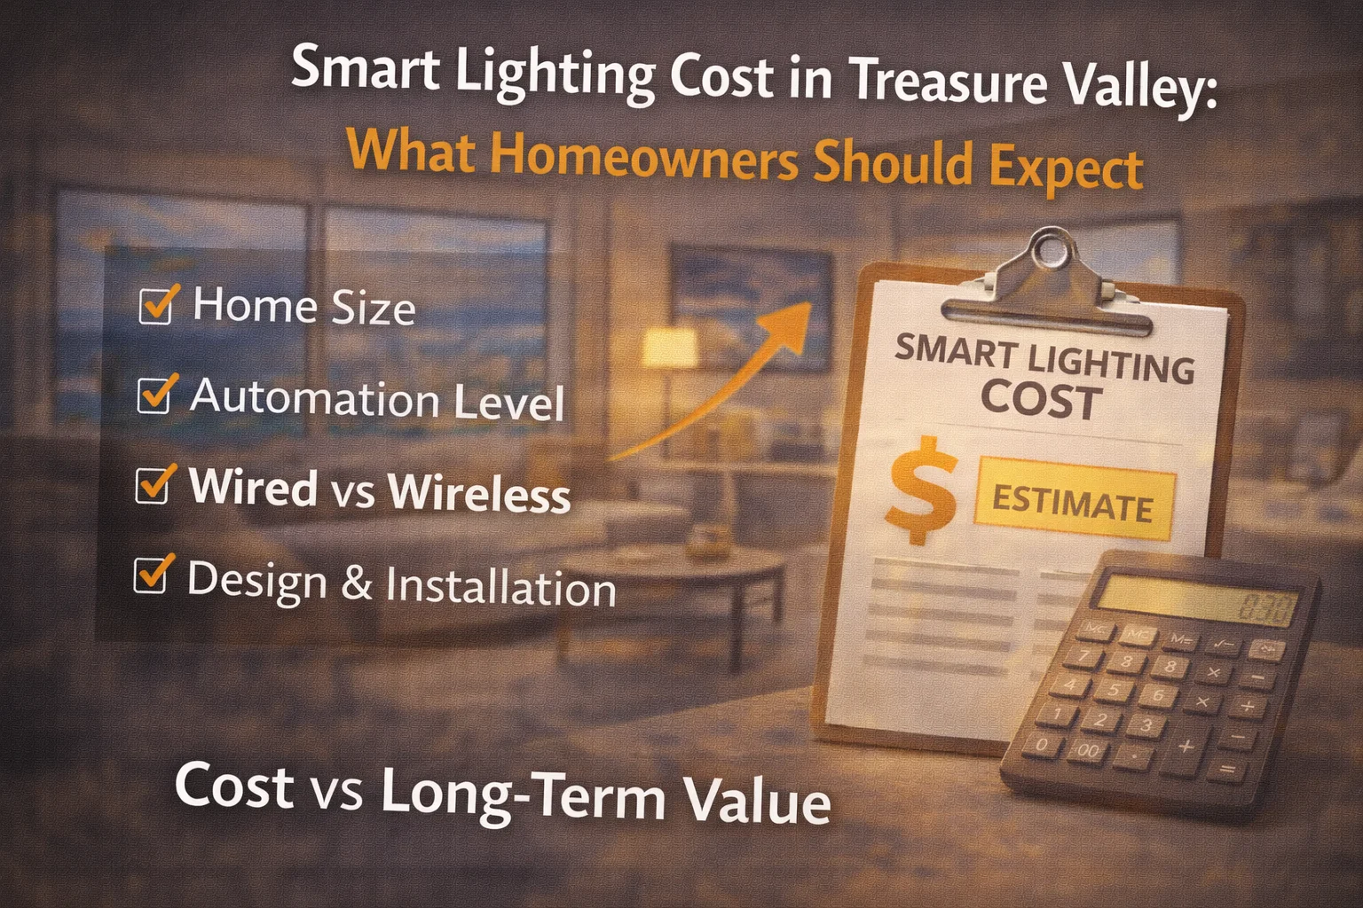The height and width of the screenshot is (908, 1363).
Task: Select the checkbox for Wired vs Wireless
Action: click(x=152, y=486)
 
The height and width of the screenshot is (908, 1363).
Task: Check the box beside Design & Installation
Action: click(x=150, y=576)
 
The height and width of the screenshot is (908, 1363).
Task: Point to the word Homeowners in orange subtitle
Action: click(x=643, y=157)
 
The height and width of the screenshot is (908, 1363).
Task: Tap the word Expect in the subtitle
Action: click(x=1065, y=168)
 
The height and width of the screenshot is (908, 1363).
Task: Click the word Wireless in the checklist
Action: click(x=479, y=493)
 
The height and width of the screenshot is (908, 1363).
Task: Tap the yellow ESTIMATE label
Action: click(x=1074, y=505)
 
